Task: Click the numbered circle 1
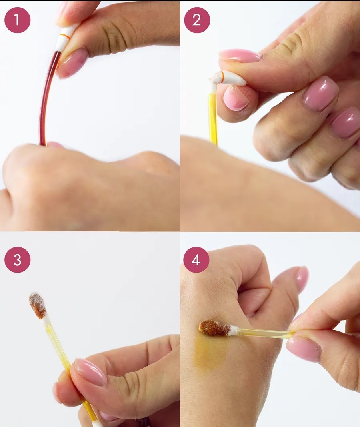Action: coord(18,20)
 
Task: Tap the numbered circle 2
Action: coord(197,20)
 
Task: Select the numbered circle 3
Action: coord(18,260)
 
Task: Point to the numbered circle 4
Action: coord(196,260)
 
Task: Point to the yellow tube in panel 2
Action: coord(213,118)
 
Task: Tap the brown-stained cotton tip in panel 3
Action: coord(37,306)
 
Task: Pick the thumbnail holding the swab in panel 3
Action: coord(91,372)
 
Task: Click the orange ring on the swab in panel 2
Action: coord(222,77)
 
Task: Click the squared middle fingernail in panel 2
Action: coord(320,94)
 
